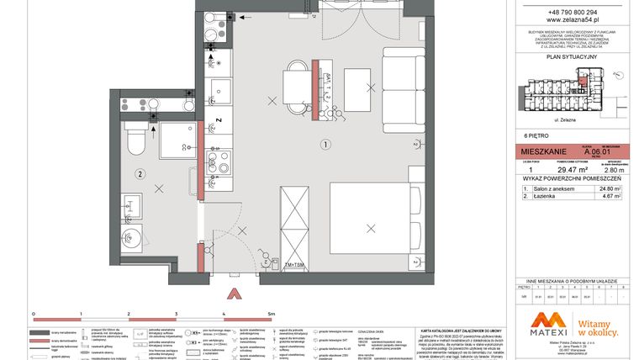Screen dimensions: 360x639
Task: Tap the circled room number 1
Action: point(324,144)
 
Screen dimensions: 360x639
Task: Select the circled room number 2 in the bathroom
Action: point(140,174)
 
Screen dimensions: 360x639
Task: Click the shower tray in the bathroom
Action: point(177,140)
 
